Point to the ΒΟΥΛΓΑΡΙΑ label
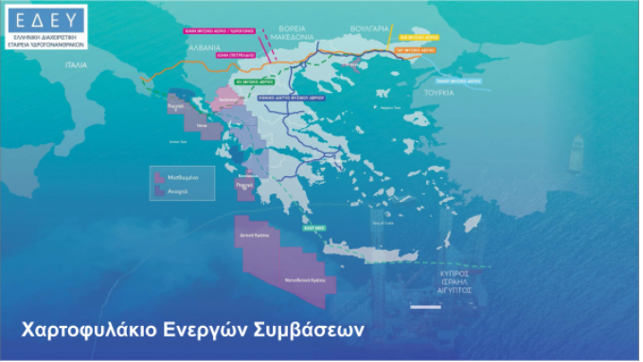368,29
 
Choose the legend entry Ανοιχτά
178,190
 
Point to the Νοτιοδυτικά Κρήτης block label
305,281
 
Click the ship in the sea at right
576,153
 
